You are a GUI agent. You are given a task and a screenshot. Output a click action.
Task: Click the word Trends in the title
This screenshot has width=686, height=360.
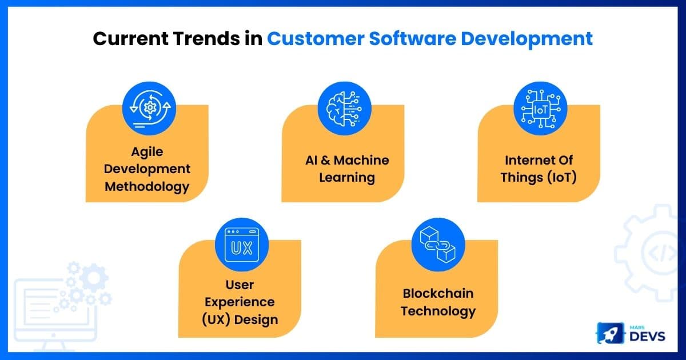pyautogui.click(x=206, y=39)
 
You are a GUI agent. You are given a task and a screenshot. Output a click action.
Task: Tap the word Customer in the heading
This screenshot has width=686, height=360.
pyautogui.click(x=316, y=39)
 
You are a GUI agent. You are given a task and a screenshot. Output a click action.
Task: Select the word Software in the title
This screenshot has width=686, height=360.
pyautogui.click(x=413, y=39)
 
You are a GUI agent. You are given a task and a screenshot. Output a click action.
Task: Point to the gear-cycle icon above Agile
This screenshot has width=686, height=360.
pyautogui.click(x=149, y=109)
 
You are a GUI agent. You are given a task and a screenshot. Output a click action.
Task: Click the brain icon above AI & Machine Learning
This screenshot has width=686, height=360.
pyautogui.click(x=345, y=109)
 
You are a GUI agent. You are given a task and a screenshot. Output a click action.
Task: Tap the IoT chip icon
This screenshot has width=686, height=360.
pyautogui.click(x=540, y=109)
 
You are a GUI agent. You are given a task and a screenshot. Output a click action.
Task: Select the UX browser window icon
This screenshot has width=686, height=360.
pyautogui.click(x=242, y=245)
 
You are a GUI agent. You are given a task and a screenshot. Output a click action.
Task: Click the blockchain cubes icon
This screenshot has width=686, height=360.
pyautogui.click(x=438, y=245)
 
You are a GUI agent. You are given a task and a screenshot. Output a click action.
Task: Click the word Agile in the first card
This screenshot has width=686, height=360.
pyautogui.click(x=147, y=152)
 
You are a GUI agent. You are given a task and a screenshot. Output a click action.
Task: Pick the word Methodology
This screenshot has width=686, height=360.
pyautogui.click(x=147, y=187)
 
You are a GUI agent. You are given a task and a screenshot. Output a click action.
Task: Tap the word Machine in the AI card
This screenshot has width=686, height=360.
pyautogui.click(x=361, y=160)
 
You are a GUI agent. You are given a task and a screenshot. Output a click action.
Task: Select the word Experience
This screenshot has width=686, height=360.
pyautogui.click(x=240, y=303)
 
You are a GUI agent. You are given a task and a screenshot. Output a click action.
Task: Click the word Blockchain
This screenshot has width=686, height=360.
pyautogui.click(x=438, y=293)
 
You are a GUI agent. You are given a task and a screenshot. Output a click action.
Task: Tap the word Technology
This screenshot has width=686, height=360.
pyautogui.click(x=438, y=311)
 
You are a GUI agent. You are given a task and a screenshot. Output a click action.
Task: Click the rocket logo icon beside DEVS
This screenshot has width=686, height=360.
pyautogui.click(x=610, y=333)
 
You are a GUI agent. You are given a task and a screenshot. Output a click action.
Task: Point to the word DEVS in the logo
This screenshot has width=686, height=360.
pyautogui.click(x=647, y=337)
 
